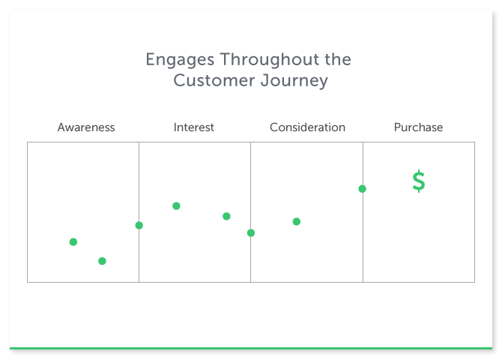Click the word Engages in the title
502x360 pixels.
180,60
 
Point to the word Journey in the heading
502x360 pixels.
294,81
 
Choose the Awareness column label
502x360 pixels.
86,127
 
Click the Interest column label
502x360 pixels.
194,127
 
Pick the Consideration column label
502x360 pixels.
307,127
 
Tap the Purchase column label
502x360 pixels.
418,127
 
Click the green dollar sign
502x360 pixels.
419,181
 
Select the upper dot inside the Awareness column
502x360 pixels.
73,242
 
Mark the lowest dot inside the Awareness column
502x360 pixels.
102,261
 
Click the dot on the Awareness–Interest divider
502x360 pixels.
139,226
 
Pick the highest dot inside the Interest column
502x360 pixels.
176,205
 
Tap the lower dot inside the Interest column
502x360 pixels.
226,217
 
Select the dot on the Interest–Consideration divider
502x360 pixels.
251,233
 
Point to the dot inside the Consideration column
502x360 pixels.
297,221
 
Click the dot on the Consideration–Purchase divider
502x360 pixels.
363,189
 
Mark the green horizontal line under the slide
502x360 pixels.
251,348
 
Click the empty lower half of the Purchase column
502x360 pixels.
419,247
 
